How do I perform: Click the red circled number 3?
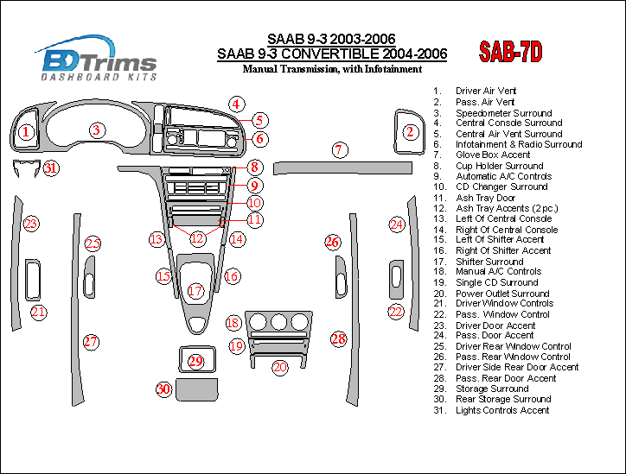[x=98, y=130]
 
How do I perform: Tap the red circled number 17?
[x=196, y=291]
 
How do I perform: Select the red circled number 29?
[x=196, y=361]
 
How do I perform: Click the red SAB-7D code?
[x=510, y=54]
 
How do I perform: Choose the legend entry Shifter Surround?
[x=489, y=262]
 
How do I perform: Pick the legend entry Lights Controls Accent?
[x=502, y=410]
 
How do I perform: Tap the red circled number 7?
[x=340, y=151]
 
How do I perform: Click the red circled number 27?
[x=91, y=342]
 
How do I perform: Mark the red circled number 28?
[x=338, y=338]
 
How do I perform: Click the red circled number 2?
[x=412, y=132]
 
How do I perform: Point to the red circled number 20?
[x=279, y=367]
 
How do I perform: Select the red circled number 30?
[x=163, y=389]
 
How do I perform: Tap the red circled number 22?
[x=395, y=311]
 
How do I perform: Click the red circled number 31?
[x=52, y=168]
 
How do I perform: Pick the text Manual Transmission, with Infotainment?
[x=332, y=69]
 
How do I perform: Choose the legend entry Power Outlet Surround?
[x=502, y=294]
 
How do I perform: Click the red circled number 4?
[x=235, y=104]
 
